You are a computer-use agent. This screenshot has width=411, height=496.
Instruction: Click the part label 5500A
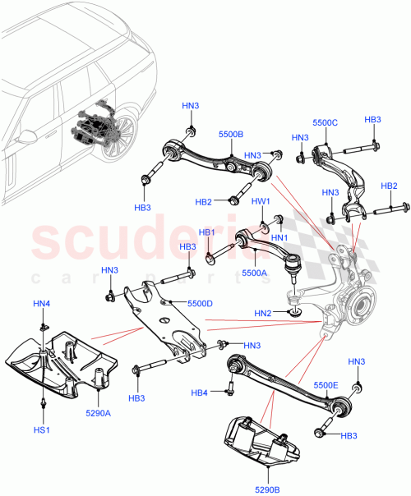pyautogui.click(x=254, y=273)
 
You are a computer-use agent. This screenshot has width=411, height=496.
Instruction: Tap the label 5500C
pyautogui.click(x=324, y=123)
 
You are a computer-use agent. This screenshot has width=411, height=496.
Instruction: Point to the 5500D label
pyautogui.click(x=200, y=303)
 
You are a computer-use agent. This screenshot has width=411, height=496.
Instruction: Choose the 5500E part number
pyautogui.click(x=326, y=384)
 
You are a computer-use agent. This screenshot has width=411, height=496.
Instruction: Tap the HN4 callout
pyautogui.click(x=41, y=305)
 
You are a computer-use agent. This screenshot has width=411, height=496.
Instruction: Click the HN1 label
pyautogui.click(x=279, y=238)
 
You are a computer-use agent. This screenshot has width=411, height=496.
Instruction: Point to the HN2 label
pyautogui.click(x=264, y=313)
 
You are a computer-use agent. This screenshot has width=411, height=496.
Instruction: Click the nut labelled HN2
pyautogui.click(x=294, y=313)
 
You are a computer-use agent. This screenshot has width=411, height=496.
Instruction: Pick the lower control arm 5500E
pyautogui.click(x=288, y=379)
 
